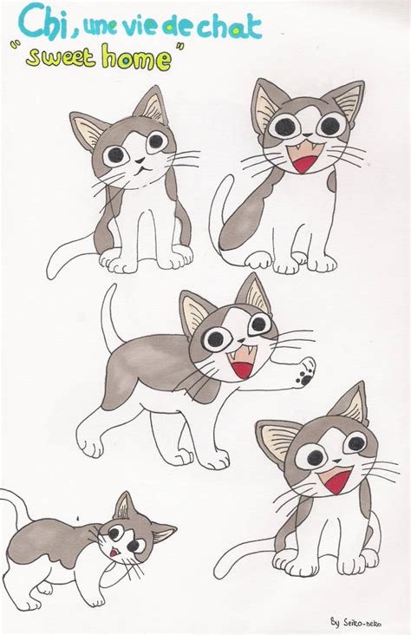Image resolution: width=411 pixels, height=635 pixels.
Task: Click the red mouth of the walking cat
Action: click(x=242, y=367)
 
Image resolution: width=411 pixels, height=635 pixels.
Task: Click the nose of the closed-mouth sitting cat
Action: click(x=137, y=162)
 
